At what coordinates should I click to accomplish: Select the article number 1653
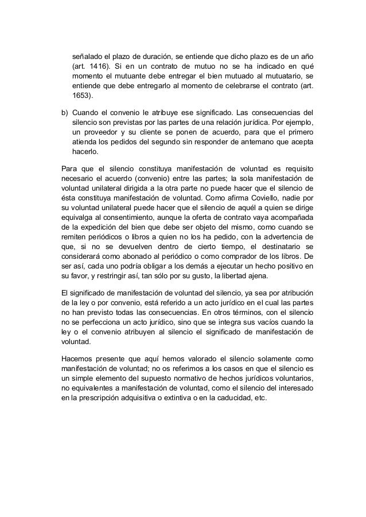[80, 96]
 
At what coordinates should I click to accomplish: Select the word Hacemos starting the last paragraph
[78, 358]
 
